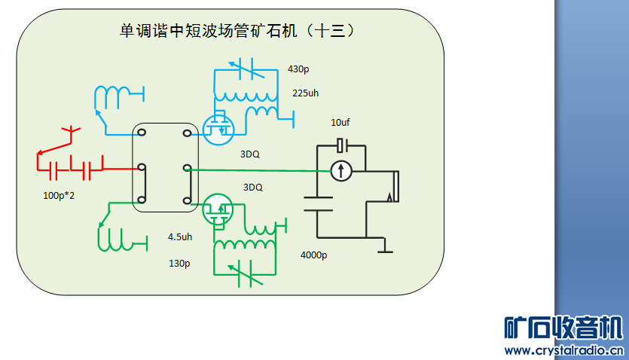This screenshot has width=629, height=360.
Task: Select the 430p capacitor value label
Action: (x=298, y=69)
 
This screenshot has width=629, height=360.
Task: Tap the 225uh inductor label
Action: (x=307, y=93)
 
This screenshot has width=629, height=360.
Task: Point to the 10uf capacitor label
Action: (x=340, y=122)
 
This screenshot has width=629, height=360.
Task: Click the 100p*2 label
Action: (x=60, y=196)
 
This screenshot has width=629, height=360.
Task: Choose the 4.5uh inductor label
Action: (x=181, y=236)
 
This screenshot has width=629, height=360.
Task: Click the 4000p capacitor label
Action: (x=313, y=255)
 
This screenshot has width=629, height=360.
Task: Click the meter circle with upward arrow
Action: (x=341, y=171)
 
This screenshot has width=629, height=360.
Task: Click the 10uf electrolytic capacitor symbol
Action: (x=341, y=144)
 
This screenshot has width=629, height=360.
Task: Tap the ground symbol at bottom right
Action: (x=385, y=246)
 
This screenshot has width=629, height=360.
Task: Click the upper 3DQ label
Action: (x=250, y=154)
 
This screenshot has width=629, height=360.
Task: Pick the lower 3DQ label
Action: (x=253, y=187)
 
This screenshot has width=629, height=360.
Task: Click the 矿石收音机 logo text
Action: (x=563, y=329)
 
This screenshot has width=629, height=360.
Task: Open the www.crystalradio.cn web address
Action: (x=563, y=350)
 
